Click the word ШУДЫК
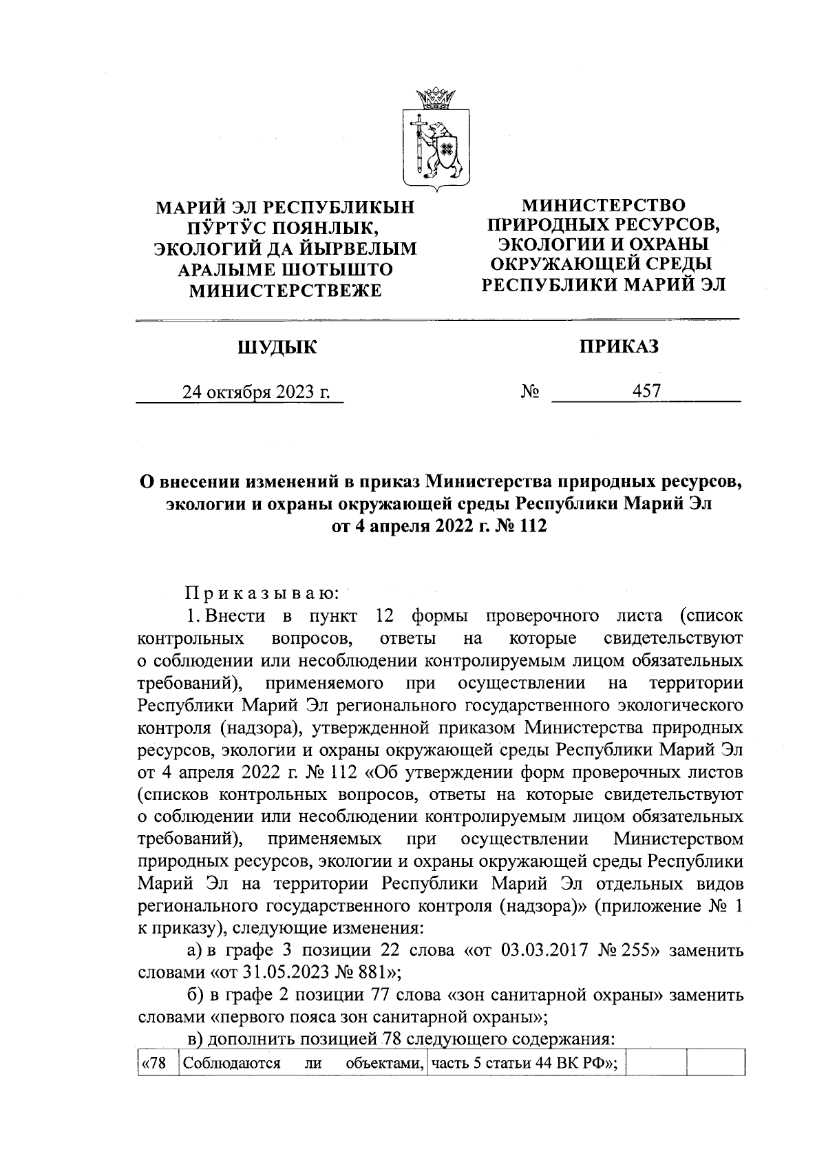click(277, 348)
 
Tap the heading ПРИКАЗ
click(618, 346)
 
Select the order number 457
click(646, 392)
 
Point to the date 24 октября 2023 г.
click(255, 392)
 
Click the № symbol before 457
click(529, 392)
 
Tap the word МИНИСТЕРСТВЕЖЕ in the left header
click(285, 291)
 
